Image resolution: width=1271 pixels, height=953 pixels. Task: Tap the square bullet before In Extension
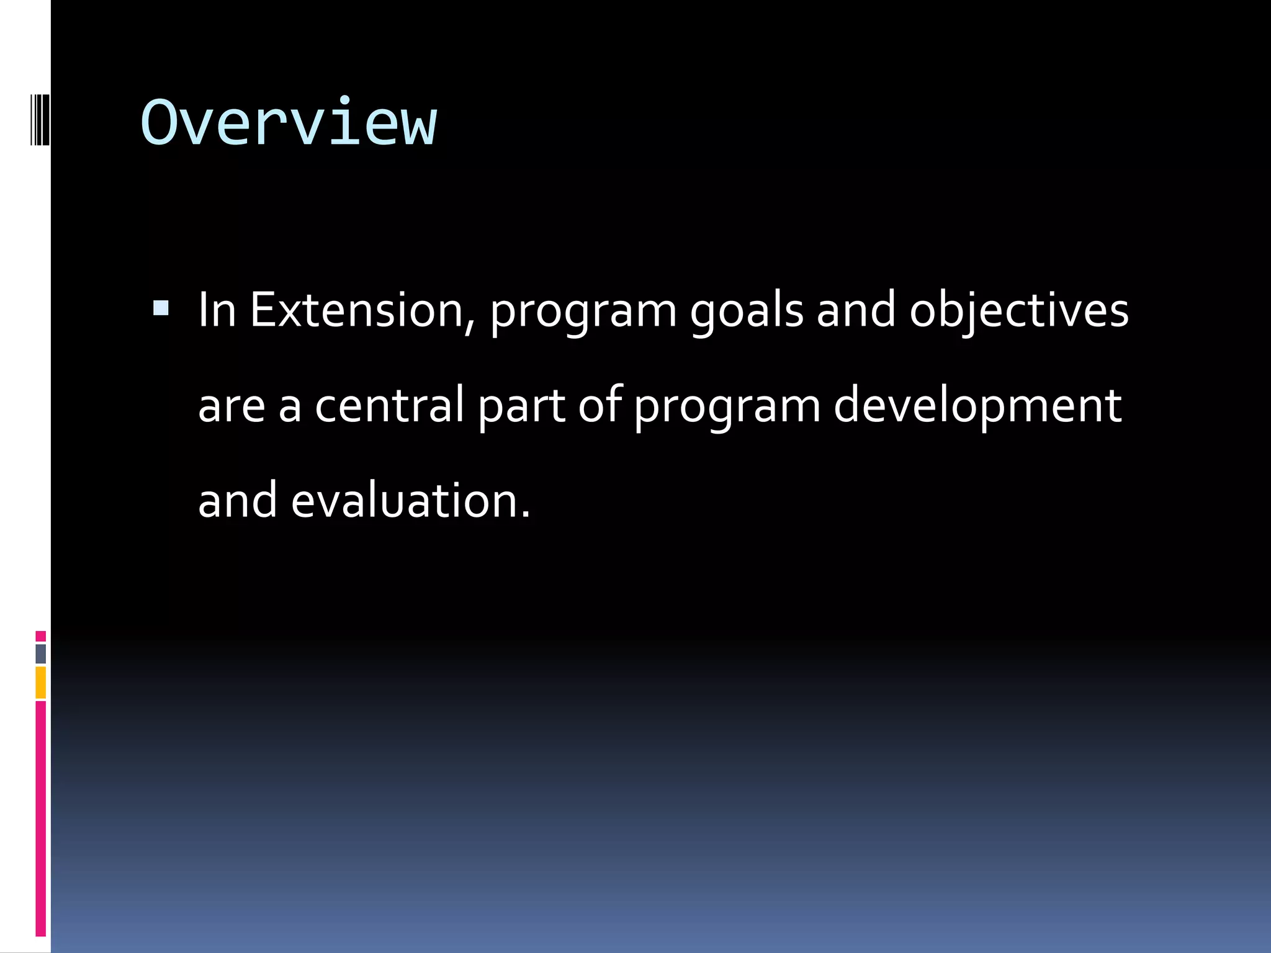pyautogui.click(x=161, y=308)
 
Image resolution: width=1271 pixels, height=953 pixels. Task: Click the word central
pyautogui.click(x=389, y=405)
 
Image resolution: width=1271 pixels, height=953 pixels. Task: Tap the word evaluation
pyautogui.click(x=410, y=500)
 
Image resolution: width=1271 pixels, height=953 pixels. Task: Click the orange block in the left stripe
pyautogui.click(x=41, y=682)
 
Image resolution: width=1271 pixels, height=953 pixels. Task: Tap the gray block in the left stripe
pyautogui.click(x=41, y=654)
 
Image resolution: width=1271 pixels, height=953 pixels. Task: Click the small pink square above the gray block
pyautogui.click(x=41, y=636)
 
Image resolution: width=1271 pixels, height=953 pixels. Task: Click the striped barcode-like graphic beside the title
pyautogui.click(x=39, y=119)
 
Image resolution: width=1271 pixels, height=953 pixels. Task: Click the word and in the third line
pyautogui.click(x=237, y=500)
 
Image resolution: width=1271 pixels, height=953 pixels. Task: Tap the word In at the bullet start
pyautogui.click(x=217, y=310)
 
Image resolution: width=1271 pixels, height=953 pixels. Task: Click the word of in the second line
pyautogui.click(x=600, y=405)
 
